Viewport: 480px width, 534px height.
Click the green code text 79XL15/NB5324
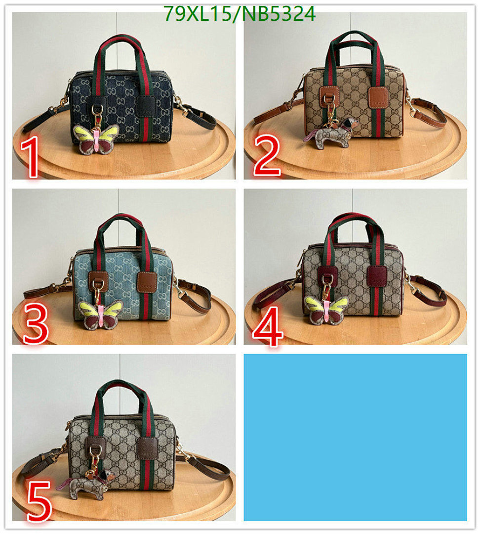click(x=240, y=14)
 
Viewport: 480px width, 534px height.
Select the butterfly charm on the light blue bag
click(x=102, y=315)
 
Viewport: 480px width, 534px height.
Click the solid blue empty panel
click(x=355, y=437)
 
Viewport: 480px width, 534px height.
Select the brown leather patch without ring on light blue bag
click(x=147, y=281)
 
